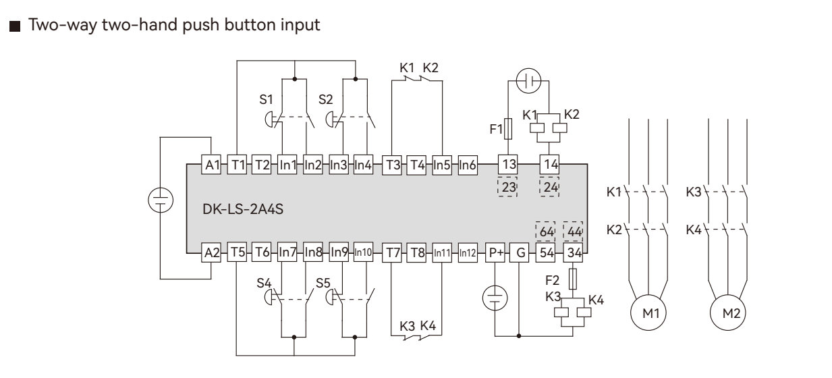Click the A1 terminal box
pyautogui.click(x=212, y=164)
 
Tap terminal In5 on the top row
pyautogui.click(x=442, y=164)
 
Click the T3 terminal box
pyautogui.click(x=392, y=164)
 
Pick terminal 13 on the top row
pyautogui.click(x=507, y=164)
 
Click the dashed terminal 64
pyautogui.click(x=546, y=231)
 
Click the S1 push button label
pyautogui.click(x=268, y=99)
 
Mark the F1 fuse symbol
pyautogui.click(x=507, y=129)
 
